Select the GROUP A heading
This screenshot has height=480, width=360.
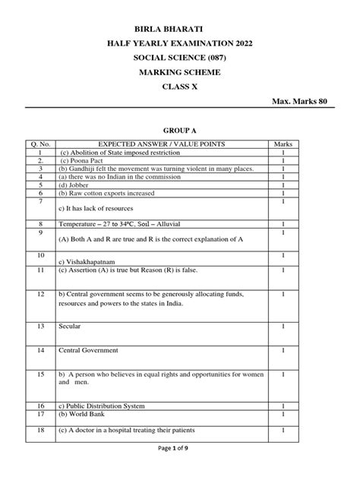pyautogui.click(x=179, y=129)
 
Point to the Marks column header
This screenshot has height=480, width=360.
pyautogui.click(x=283, y=144)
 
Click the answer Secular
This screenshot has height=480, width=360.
pyautogui.click(x=70, y=326)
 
